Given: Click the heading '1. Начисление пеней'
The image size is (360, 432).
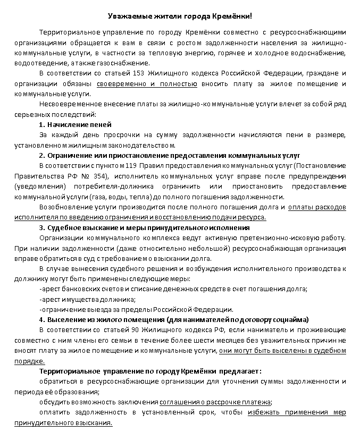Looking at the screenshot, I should (x=76, y=124).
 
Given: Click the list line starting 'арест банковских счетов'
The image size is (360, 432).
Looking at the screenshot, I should (x=173, y=289).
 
